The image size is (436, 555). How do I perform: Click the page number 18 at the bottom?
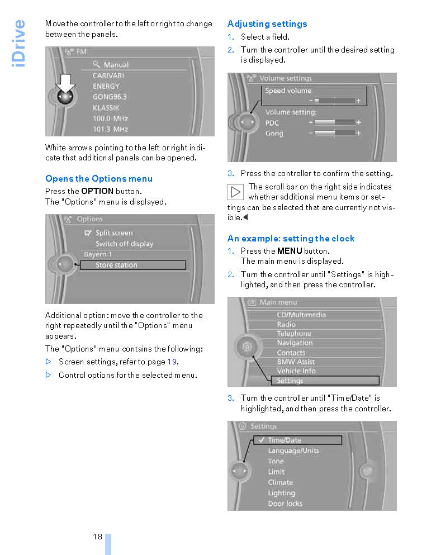point(98,537)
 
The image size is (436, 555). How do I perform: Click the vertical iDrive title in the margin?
point(18,44)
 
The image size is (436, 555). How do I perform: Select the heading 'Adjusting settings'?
point(267,24)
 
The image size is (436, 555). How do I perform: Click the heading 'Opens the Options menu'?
point(99,179)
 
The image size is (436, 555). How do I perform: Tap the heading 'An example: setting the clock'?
point(291,239)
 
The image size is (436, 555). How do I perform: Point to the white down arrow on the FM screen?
point(66,83)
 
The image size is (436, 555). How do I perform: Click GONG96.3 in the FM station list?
point(110,97)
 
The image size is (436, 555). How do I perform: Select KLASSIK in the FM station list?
point(106,107)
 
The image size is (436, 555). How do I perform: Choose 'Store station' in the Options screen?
point(116,265)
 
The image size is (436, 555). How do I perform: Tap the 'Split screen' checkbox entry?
point(109,233)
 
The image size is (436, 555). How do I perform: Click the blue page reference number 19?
point(172,362)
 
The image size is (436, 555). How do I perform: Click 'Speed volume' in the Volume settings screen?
point(288,91)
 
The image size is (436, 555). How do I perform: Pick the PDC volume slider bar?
point(334,122)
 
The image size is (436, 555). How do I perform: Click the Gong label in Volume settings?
point(274,134)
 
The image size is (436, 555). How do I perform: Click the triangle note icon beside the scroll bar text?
point(236,192)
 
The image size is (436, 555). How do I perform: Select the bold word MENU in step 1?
point(290,251)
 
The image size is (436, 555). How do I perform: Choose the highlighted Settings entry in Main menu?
point(290,381)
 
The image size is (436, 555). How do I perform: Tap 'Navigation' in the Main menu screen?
point(295,343)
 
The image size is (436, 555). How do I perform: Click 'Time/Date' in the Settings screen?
point(285,440)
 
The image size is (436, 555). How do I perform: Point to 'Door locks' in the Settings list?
point(285,504)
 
